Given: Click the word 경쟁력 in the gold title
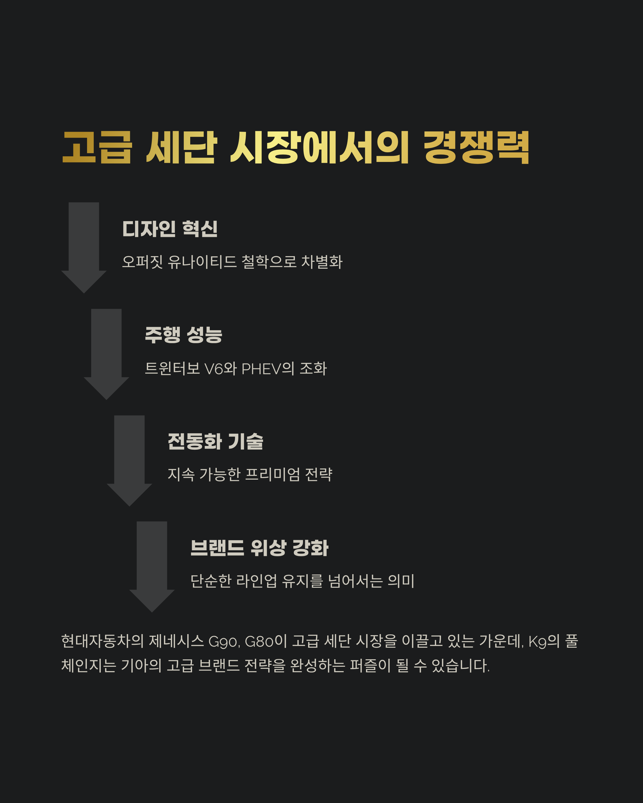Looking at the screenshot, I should pyautogui.click(x=476, y=147).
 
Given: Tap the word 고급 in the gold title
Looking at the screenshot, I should pyautogui.click(x=97, y=147).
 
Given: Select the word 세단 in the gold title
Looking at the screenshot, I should pyautogui.click(x=182, y=147).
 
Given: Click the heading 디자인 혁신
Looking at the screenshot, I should pyautogui.click(x=170, y=229).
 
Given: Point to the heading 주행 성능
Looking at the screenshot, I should pyautogui.click(x=184, y=335).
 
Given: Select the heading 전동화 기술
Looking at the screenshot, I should pyautogui.click(x=215, y=441).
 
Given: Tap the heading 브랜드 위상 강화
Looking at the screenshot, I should pyautogui.click(x=259, y=548).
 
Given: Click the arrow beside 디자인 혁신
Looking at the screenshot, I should pyautogui.click(x=84, y=246).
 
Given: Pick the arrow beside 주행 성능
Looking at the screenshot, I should pyautogui.click(x=107, y=352).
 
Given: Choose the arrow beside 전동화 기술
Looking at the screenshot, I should pyautogui.click(x=129, y=459).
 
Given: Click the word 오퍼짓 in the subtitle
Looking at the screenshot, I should pyautogui.click(x=142, y=262).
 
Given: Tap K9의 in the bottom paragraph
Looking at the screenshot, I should pyautogui.click(x=544, y=641).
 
